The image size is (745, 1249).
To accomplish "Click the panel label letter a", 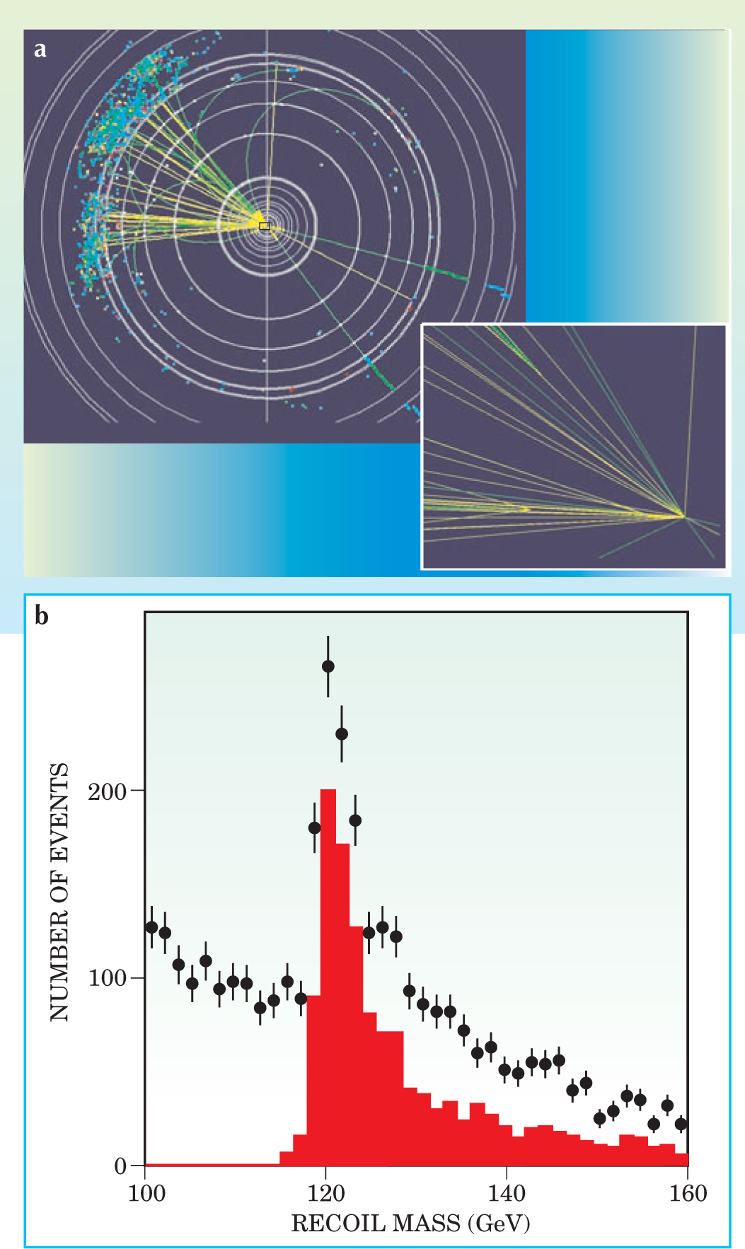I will coord(40,50).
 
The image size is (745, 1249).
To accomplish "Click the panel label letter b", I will coord(42,616).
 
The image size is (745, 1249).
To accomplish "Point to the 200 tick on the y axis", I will coord(107,791).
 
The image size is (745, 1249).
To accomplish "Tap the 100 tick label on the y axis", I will coord(107,979).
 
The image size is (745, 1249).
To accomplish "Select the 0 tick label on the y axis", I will coord(120,1166).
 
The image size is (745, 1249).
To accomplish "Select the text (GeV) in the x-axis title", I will coord(499,1223).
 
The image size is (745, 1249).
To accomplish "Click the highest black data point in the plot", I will coord(328,666).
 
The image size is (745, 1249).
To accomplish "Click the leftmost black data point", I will coord(151,927).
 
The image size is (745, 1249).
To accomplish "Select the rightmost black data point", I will coord(681,1124).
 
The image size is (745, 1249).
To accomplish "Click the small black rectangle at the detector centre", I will coord(265,226).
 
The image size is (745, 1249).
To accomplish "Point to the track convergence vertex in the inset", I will coord(684,517).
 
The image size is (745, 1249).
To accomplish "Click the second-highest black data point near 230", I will coord(342,734).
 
